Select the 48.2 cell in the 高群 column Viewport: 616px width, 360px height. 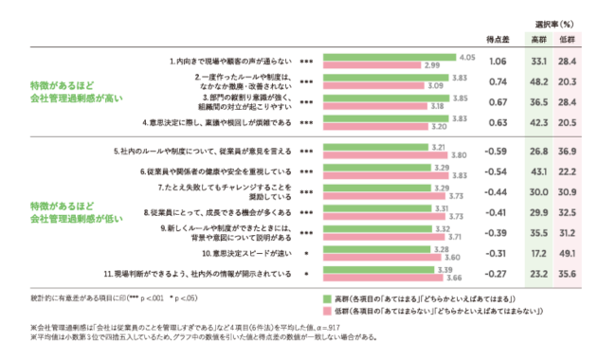tap(537, 81)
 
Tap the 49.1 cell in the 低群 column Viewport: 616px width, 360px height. tap(570, 253)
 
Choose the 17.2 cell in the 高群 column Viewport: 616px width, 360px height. tap(537, 253)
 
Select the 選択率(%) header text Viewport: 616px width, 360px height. tap(553, 21)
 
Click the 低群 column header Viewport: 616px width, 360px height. tap(570, 42)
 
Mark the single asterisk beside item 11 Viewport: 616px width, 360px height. tap(306, 274)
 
